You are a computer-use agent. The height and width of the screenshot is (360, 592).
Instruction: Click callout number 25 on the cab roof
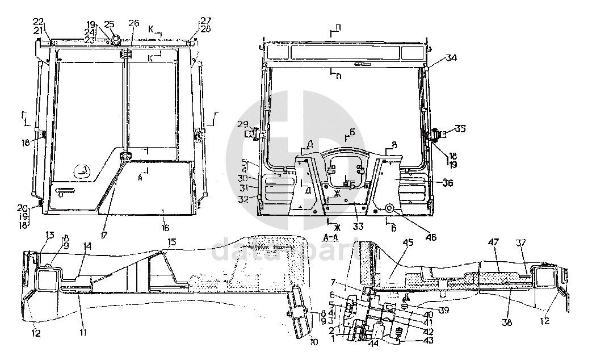click(110, 24)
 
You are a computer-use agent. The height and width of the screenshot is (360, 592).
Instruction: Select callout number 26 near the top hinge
click(134, 23)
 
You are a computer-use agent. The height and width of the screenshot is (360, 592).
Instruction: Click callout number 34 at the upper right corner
click(451, 58)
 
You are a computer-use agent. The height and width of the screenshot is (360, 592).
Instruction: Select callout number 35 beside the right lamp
click(460, 129)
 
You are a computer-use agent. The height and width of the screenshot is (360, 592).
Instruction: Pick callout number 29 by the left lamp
click(242, 124)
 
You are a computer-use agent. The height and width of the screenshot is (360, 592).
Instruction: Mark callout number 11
click(83, 332)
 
